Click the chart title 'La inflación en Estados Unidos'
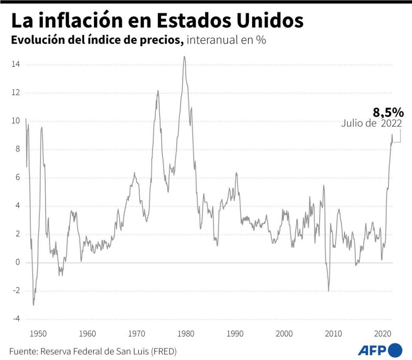pyautogui.click(x=157, y=20)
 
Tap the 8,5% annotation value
pyautogui.click(x=388, y=112)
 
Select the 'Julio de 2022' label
pyautogui.click(x=372, y=124)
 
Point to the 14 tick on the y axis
pyautogui.click(x=16, y=65)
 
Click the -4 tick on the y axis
pyautogui.click(x=16, y=319)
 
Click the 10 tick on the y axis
pyautogui.click(x=16, y=121)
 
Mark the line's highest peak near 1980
pyautogui.click(x=184, y=57)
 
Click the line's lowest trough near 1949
pyautogui.click(x=33, y=305)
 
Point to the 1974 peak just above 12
pyautogui.click(x=158, y=91)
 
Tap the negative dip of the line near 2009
pyautogui.click(x=328, y=290)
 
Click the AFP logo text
pyautogui.click(x=372, y=351)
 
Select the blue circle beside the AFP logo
pyautogui.click(x=395, y=350)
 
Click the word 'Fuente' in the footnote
pyautogui.click(x=22, y=352)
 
